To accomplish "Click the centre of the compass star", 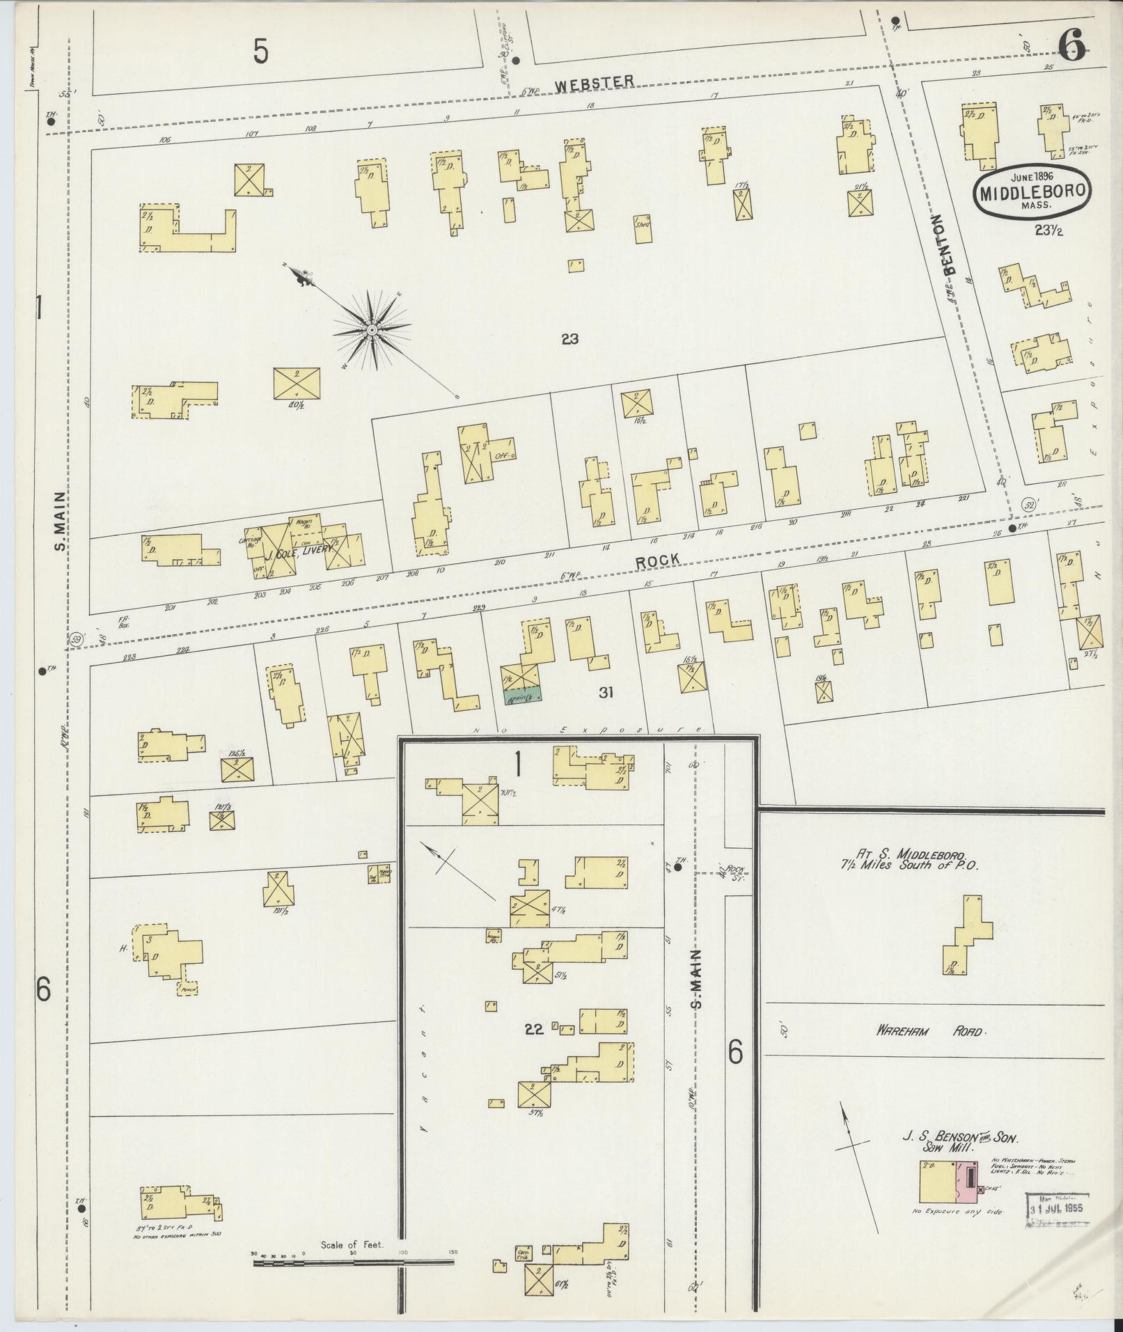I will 372,329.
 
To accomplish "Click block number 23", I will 570,340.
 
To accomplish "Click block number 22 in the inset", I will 533,1030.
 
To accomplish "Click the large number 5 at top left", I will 260,51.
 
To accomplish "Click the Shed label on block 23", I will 642,224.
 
